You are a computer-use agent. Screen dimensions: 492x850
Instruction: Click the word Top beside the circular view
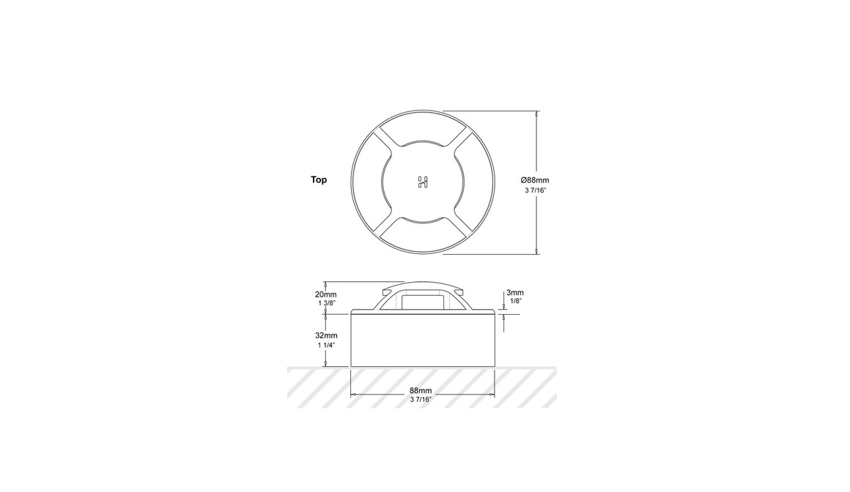point(319,179)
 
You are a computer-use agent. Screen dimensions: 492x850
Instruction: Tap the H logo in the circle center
point(423,182)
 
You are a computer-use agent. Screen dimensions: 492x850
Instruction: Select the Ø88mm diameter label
point(535,179)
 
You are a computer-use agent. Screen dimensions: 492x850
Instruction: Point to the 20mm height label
point(325,294)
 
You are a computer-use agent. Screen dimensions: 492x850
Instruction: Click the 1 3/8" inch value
point(325,303)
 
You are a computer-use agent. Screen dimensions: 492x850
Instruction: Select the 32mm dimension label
point(325,335)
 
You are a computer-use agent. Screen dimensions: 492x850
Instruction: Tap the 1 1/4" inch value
point(325,345)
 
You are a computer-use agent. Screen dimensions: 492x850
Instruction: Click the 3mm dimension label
point(515,293)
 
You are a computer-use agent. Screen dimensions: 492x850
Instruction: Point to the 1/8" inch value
point(515,302)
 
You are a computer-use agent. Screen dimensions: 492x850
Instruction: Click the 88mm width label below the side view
point(421,391)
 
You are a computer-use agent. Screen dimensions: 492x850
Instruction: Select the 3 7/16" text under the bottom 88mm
point(421,400)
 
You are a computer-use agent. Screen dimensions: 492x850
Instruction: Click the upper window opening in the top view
point(423,135)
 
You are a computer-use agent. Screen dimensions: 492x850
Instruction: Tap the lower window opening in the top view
point(423,231)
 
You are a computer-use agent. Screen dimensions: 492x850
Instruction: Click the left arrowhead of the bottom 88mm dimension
point(355,395)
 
